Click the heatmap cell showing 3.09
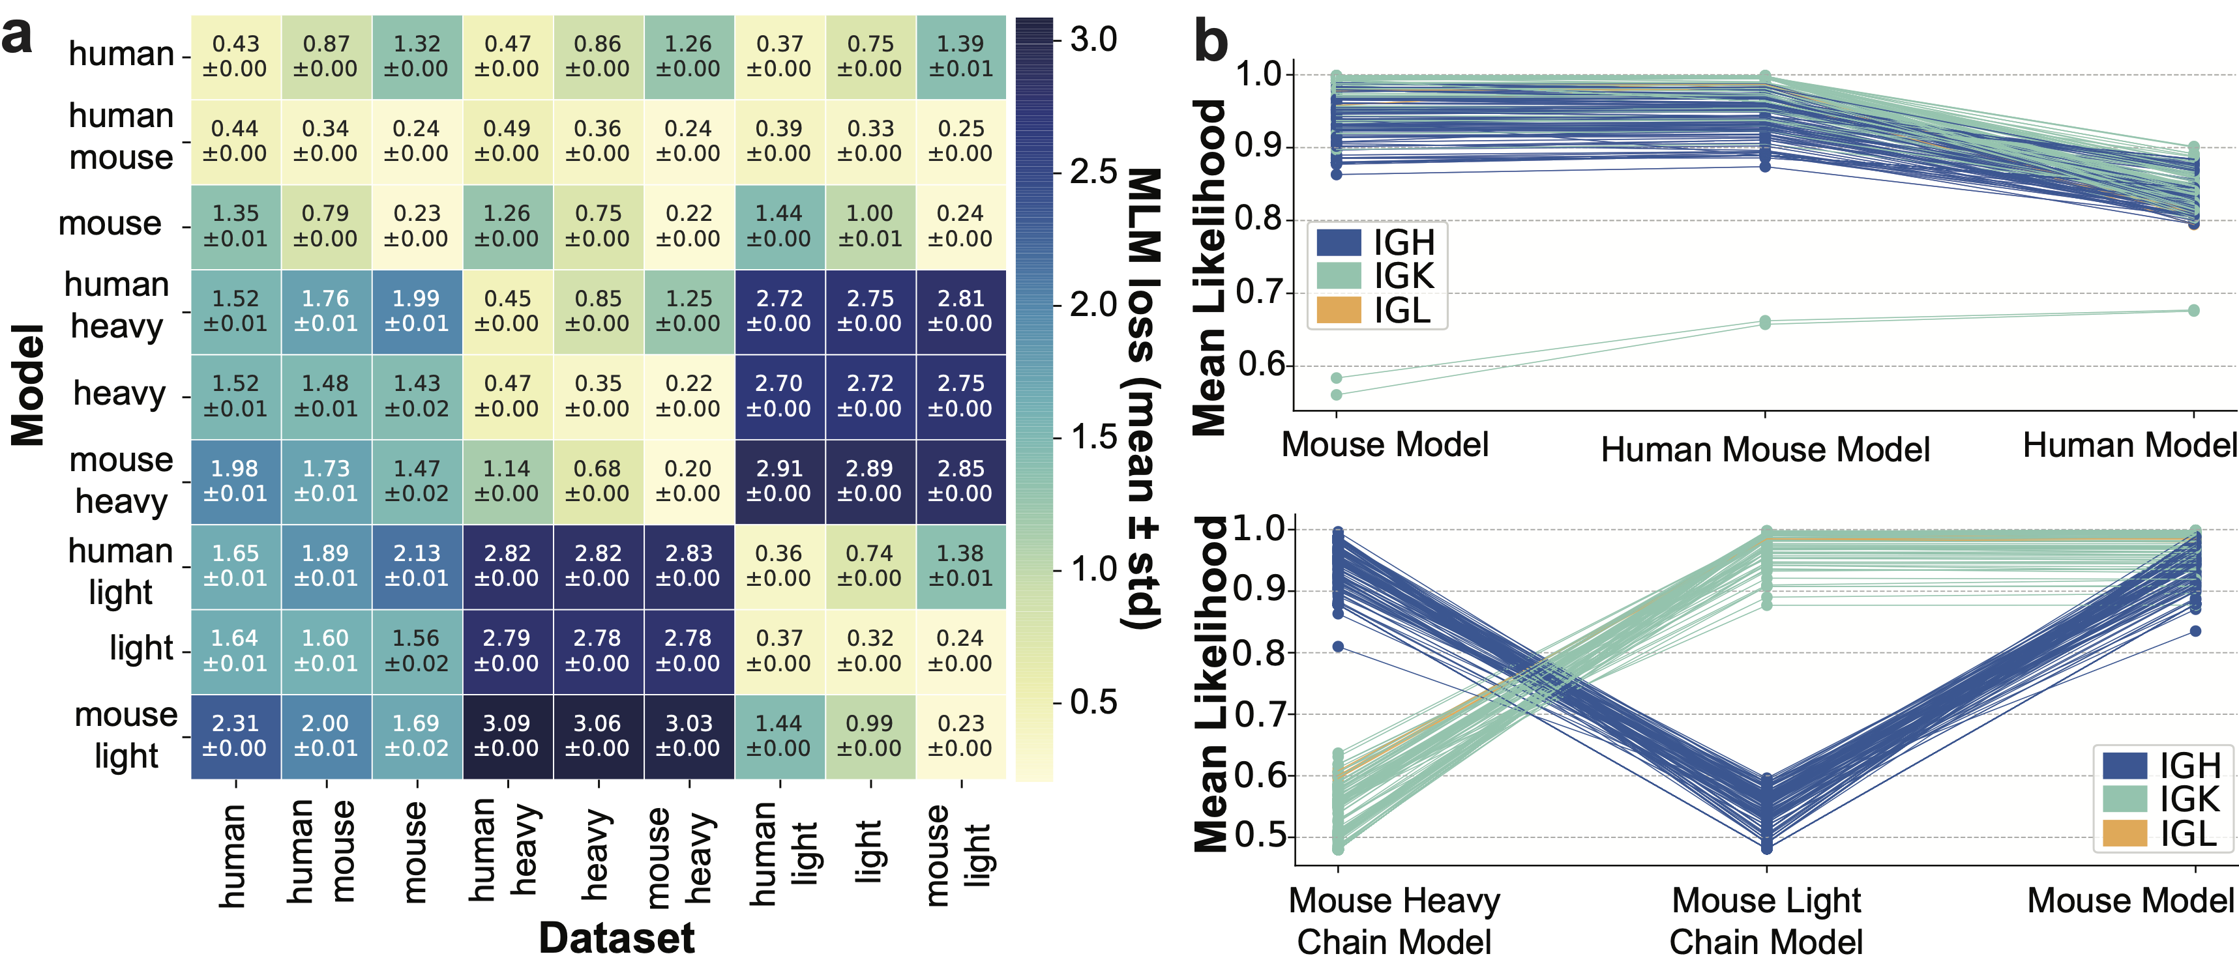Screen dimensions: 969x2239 tap(507, 735)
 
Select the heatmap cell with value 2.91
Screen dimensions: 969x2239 tap(778, 480)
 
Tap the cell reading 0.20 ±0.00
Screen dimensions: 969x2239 tap(687, 480)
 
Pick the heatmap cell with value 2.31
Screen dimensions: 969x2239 tap(235, 735)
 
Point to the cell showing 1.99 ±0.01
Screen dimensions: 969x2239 tap(417, 310)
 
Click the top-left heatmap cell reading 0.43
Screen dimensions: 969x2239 tap(235, 55)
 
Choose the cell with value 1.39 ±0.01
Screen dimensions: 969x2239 tap(960, 55)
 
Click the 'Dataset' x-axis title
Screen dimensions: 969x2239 tap(616, 938)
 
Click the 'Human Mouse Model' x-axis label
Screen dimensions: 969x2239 tap(1765, 449)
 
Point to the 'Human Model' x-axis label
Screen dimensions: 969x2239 tap(2129, 445)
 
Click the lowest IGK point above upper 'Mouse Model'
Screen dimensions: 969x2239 tap(1337, 394)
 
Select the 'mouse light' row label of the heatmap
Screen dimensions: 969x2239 tap(126, 735)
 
